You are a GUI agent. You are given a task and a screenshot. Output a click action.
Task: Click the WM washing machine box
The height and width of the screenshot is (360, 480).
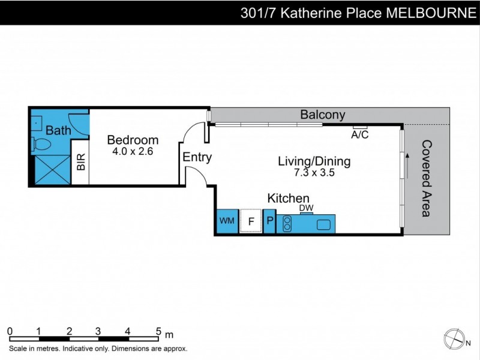click(x=227, y=221)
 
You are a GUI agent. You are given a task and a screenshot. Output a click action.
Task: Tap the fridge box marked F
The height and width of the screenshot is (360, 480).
click(x=251, y=221)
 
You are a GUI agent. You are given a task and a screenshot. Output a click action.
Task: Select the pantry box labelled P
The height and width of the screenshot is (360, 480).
click(x=270, y=221)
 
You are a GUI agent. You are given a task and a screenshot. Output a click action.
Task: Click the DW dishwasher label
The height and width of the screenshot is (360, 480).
click(x=307, y=208)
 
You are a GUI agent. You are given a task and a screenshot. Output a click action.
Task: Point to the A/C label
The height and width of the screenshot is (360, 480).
click(x=360, y=135)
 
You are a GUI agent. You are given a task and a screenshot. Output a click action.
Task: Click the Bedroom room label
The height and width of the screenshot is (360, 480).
click(x=133, y=140)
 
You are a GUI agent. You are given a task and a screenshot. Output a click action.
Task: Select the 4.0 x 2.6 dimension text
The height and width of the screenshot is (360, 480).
click(x=133, y=152)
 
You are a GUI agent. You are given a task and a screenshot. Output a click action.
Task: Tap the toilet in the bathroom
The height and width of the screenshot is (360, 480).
click(x=43, y=145)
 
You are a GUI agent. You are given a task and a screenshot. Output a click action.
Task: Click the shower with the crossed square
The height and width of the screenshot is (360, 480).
click(x=50, y=170)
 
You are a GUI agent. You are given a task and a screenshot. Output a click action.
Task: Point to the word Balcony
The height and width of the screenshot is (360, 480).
click(x=323, y=115)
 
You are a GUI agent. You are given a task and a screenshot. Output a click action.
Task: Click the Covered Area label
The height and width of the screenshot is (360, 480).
click(x=427, y=178)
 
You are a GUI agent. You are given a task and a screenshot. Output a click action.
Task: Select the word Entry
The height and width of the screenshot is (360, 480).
click(x=197, y=158)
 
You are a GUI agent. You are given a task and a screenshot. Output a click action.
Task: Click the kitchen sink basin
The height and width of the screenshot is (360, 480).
click(x=323, y=224)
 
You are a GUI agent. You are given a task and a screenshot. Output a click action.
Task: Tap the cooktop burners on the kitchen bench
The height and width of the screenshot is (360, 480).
click(x=287, y=224)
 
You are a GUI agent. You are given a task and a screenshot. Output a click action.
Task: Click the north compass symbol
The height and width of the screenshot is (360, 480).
click(x=454, y=339)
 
